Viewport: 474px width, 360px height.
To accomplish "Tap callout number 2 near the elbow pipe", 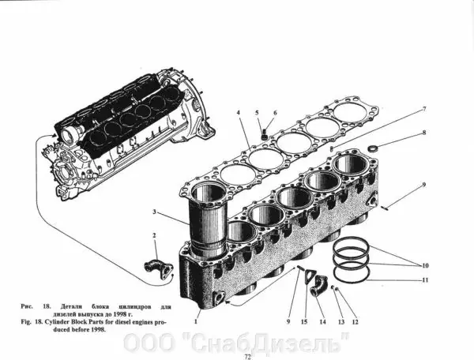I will [x=154, y=235].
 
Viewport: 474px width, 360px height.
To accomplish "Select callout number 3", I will [x=155, y=212].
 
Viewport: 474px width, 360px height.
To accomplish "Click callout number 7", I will [x=423, y=108].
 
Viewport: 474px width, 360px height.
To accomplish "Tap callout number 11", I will [x=425, y=280].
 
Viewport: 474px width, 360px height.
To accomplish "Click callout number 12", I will [x=355, y=322].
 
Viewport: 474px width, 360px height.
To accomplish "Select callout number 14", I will [x=322, y=322].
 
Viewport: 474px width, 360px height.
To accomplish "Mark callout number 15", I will [x=304, y=322].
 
